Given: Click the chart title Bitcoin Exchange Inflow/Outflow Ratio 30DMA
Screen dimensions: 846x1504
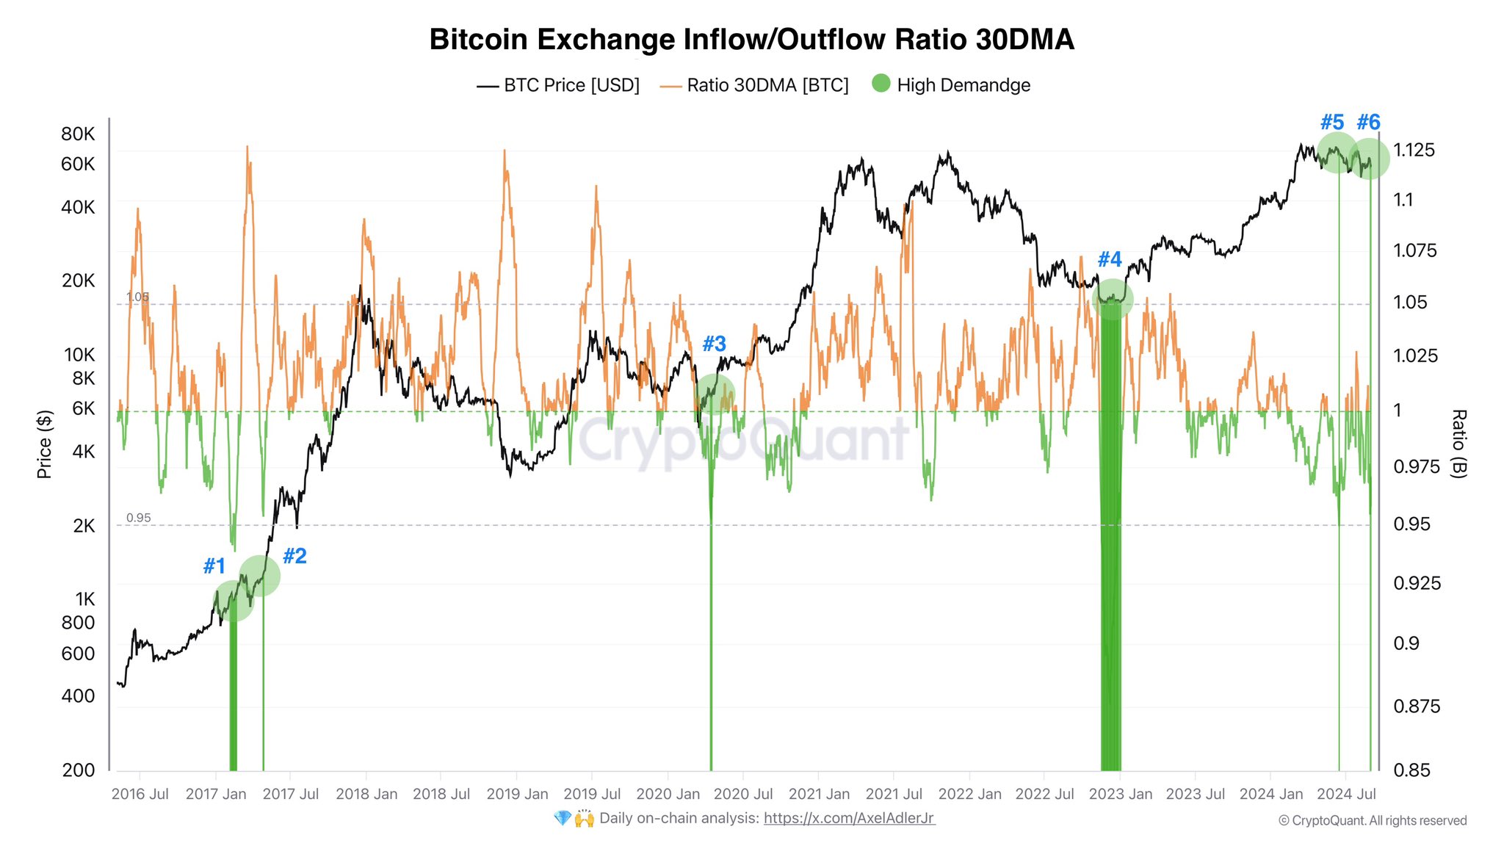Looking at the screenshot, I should point(751,40).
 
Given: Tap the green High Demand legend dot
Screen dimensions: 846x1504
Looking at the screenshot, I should point(881,84).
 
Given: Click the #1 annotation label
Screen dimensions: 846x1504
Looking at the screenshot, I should point(214,566).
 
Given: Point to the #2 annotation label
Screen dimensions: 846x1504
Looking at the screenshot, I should point(294,556).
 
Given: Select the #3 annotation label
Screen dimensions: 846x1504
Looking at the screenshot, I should point(714,344).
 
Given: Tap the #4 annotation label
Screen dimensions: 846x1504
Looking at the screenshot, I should point(1110,259).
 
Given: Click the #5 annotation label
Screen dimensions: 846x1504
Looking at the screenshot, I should point(1332,122).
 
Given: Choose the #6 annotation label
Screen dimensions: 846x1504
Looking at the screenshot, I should point(1368,122).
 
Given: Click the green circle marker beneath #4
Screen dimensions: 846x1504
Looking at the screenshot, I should point(1113,299).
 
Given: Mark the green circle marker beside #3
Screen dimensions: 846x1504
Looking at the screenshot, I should point(714,394).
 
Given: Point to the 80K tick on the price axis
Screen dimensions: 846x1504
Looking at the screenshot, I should point(78,134).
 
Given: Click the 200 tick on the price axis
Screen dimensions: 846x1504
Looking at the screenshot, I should point(79,770).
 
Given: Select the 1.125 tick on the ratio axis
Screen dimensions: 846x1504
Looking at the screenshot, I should point(1414,150).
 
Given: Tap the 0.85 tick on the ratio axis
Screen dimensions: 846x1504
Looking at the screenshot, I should point(1411,770).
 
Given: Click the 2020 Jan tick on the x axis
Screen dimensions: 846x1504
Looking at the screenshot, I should point(668,794).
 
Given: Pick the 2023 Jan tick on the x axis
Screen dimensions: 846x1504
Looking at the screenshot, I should point(1120,794).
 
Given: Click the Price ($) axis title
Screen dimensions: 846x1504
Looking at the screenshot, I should point(45,444).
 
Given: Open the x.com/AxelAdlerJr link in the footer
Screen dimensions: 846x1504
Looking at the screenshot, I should point(849,818).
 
